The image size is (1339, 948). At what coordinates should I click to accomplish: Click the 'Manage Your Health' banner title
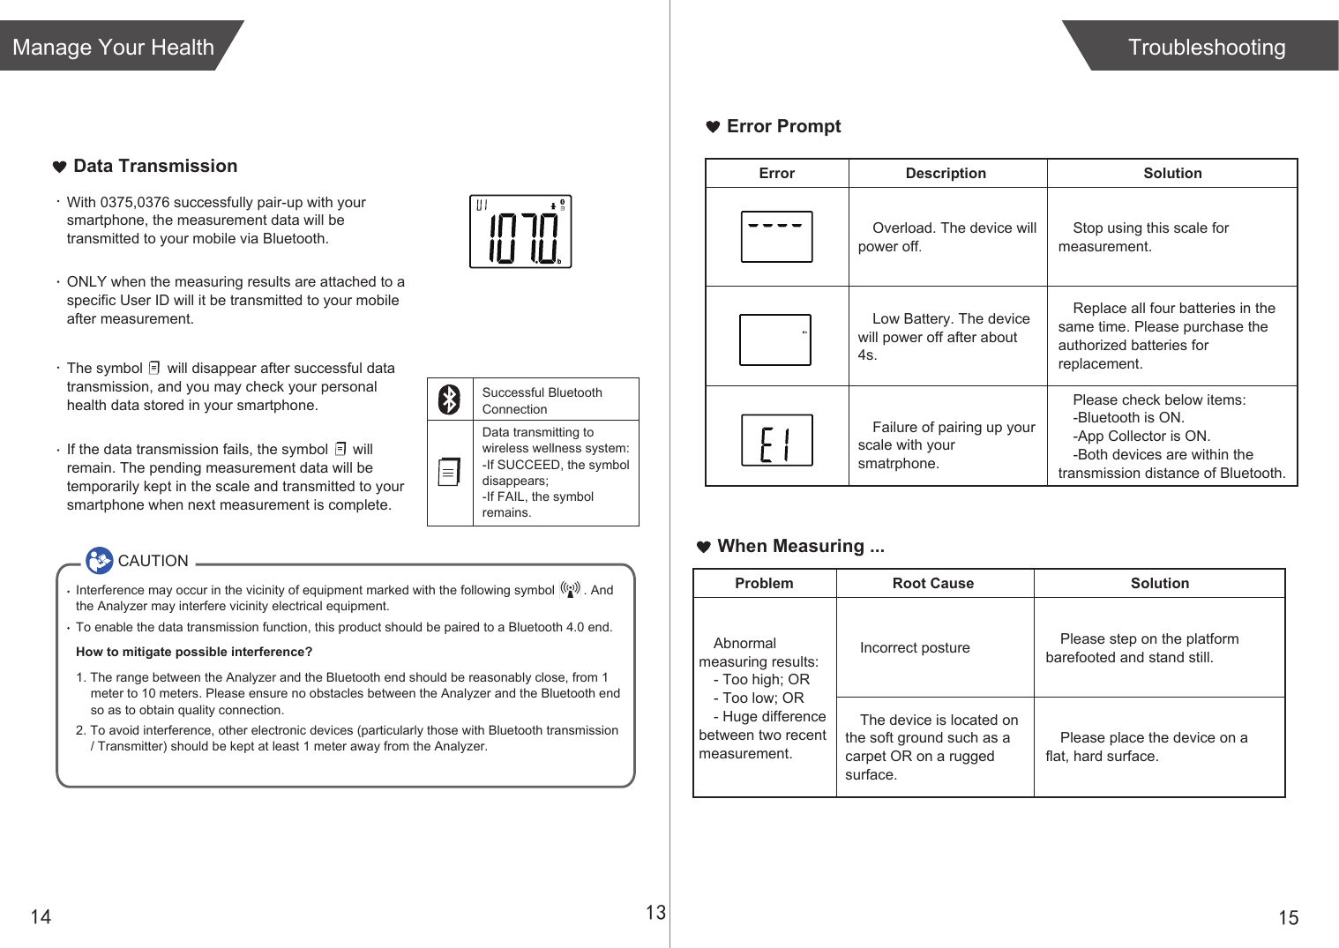(x=114, y=47)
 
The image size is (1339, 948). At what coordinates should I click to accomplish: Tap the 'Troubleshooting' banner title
(x=1206, y=47)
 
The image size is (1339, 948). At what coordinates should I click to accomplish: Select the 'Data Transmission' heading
(x=155, y=166)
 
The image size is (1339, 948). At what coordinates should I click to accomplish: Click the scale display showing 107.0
(x=520, y=231)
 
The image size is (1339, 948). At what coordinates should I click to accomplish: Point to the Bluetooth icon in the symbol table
(x=450, y=399)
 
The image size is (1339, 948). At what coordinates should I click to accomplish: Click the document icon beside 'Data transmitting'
(x=449, y=472)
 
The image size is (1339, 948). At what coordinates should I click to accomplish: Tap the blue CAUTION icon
(x=99, y=560)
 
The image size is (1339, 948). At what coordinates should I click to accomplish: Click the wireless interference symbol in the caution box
(x=571, y=589)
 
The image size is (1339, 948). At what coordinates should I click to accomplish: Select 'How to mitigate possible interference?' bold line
(x=194, y=652)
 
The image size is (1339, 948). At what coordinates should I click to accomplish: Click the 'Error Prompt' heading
(x=783, y=126)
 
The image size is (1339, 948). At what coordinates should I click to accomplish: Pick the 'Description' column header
(x=946, y=173)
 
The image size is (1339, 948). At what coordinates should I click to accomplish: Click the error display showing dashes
(x=776, y=236)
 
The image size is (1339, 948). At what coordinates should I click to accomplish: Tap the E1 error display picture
(x=776, y=440)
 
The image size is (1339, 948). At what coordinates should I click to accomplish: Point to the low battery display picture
(x=774, y=340)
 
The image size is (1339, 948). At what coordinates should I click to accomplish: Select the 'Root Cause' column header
(x=932, y=583)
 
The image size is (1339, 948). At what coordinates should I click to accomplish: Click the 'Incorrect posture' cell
(x=915, y=647)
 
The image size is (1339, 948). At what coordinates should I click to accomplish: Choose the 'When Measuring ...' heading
(x=800, y=546)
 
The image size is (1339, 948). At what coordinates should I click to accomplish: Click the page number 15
(x=1288, y=918)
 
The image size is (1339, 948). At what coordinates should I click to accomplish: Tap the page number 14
(x=41, y=917)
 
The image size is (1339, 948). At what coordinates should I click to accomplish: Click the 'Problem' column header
(x=764, y=583)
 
